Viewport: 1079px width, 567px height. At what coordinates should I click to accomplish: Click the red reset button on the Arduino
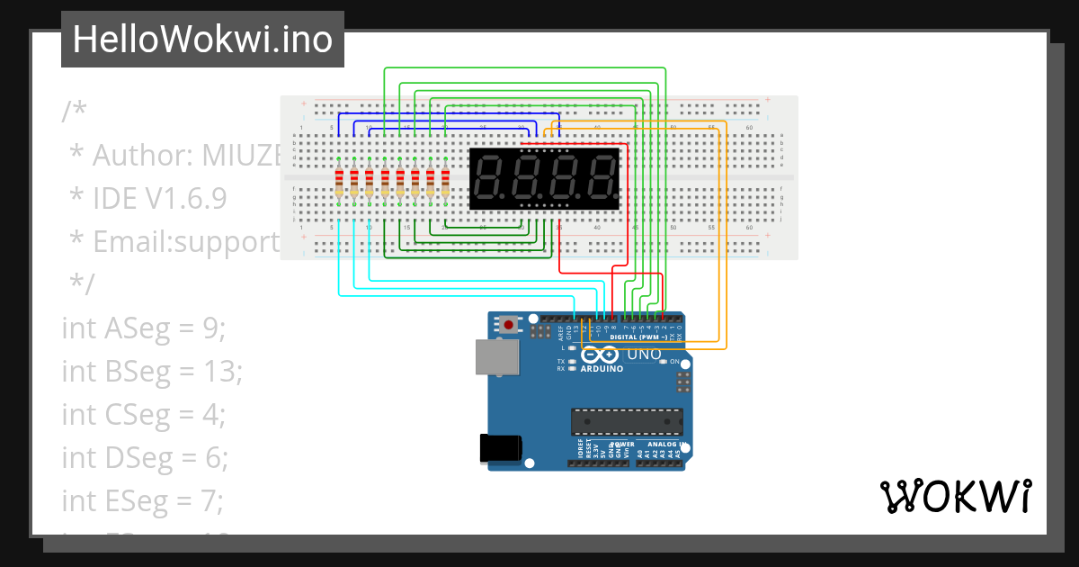click(x=510, y=324)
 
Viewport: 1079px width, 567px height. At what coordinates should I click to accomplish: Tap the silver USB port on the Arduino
click(x=497, y=356)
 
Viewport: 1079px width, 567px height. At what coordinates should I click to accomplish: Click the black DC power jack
click(x=500, y=448)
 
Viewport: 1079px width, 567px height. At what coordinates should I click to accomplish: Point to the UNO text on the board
click(x=643, y=355)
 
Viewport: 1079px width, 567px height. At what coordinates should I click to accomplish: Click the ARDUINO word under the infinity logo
click(x=602, y=369)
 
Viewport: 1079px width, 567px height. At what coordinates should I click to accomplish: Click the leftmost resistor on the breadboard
click(x=339, y=183)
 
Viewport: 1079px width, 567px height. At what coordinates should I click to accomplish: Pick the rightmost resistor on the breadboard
click(x=445, y=183)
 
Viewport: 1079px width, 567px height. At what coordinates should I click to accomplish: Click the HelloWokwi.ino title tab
click(x=202, y=40)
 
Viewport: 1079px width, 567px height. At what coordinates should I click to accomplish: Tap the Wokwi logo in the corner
click(x=955, y=496)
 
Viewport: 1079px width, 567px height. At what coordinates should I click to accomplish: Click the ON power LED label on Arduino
click(x=674, y=361)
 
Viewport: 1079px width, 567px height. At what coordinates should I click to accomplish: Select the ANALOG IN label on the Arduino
click(x=667, y=445)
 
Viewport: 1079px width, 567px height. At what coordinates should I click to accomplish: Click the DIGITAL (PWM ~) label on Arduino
click(x=643, y=337)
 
